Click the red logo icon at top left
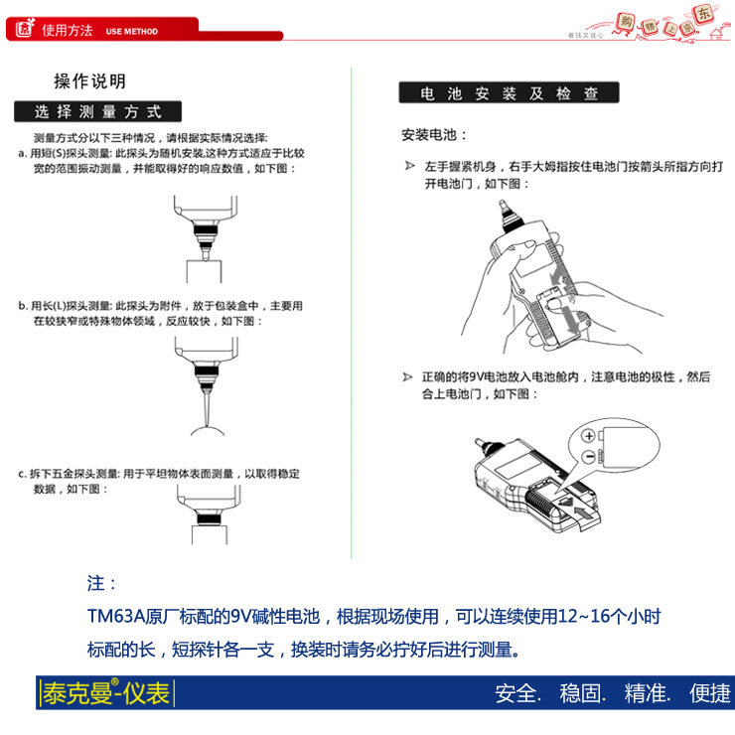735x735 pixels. coord(23,30)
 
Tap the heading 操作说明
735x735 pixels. coord(89,81)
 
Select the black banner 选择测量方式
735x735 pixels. coord(97,111)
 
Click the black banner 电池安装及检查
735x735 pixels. coord(509,94)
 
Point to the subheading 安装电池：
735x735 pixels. coord(434,134)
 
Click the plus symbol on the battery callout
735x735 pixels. coord(588,436)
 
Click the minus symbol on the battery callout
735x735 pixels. coord(588,456)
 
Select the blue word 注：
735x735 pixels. coord(102,583)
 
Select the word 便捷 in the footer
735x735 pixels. coord(709,693)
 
